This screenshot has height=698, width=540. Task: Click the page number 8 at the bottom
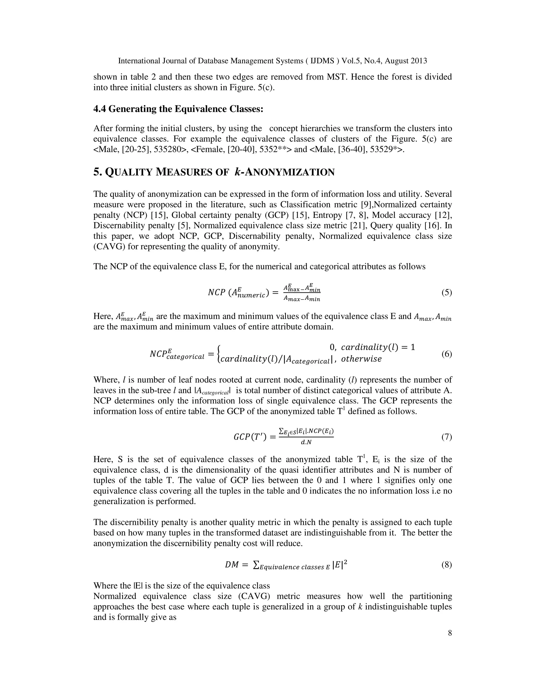[x=450, y=633]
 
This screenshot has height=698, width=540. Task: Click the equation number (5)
[x=447, y=292]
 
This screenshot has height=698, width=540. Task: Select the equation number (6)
[x=447, y=354]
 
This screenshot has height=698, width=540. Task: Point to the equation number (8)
[x=447, y=565]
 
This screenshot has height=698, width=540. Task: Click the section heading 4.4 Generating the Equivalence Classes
[x=178, y=109]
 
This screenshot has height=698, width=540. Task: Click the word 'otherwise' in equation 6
[x=361, y=359]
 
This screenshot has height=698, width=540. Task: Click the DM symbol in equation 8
[x=232, y=565]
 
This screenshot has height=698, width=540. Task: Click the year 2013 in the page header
[x=418, y=61]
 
